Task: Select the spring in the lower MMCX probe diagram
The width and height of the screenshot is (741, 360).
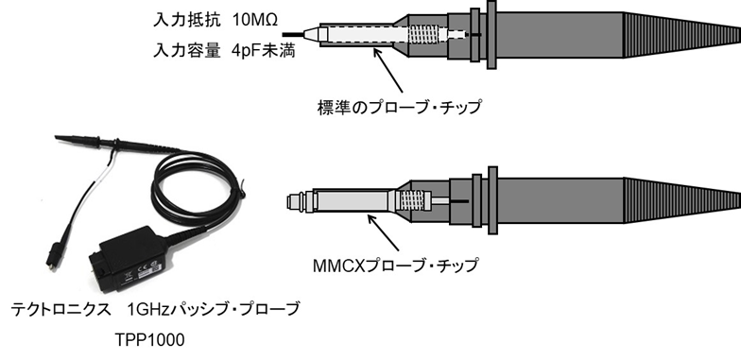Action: [x=409, y=200]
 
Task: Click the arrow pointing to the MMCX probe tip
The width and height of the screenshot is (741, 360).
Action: [x=378, y=226]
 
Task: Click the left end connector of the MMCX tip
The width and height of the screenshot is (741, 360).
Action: [x=294, y=200]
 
